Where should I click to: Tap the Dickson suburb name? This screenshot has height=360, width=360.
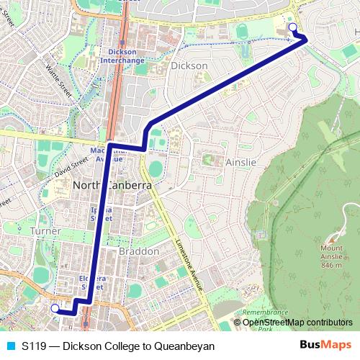[x=189, y=66]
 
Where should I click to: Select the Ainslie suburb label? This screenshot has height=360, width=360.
[x=240, y=162]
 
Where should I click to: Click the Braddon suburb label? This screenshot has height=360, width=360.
[x=138, y=252]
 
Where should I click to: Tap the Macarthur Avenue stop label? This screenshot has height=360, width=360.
[x=107, y=154]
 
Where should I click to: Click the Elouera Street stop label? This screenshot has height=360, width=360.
[x=92, y=282]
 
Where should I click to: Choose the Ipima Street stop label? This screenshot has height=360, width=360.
[x=101, y=212]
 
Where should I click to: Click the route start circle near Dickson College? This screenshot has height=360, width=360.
[x=292, y=27]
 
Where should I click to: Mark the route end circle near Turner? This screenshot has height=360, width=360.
[x=55, y=307]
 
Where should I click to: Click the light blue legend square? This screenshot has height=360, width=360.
[x=10, y=346]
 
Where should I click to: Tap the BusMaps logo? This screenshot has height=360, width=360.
[x=325, y=345]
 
